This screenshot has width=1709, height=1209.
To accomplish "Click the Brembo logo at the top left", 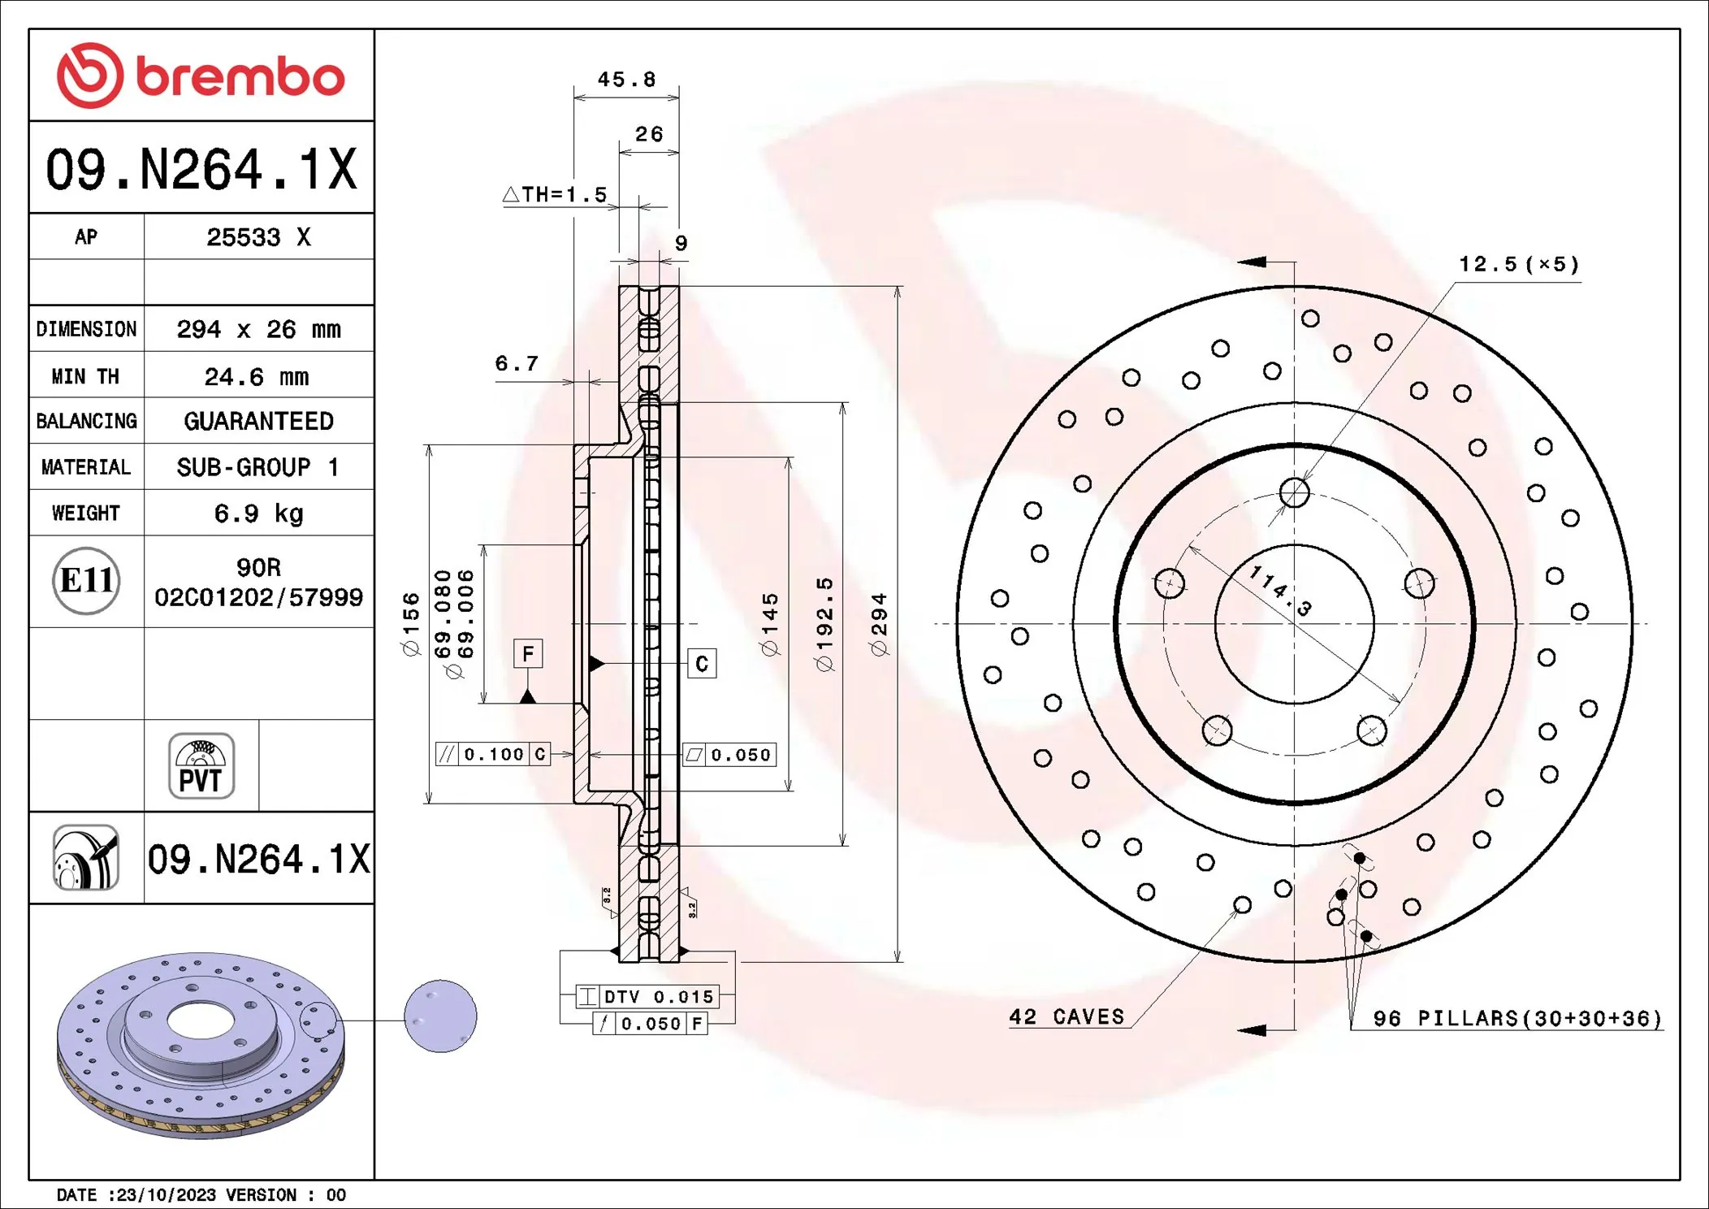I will (x=201, y=76).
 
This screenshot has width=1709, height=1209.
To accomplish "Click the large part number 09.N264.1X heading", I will (x=201, y=170).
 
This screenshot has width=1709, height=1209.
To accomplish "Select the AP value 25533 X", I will (x=258, y=237).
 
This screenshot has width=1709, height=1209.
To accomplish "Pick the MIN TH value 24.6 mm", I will (x=257, y=377).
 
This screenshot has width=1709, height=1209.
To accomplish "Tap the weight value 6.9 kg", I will (x=258, y=513).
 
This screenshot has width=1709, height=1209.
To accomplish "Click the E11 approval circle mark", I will (x=86, y=581).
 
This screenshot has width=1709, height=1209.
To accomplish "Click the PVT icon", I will (x=201, y=766).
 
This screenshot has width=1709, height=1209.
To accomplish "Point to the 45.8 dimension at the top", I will (x=626, y=80).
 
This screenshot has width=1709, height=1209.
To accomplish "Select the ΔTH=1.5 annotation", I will (x=556, y=195).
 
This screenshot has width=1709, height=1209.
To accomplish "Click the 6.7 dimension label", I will (x=517, y=364).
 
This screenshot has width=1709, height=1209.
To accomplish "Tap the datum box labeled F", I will (x=528, y=653).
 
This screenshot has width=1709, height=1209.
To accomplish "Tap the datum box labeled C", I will (x=702, y=664).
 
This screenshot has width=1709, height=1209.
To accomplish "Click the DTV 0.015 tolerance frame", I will (x=647, y=997).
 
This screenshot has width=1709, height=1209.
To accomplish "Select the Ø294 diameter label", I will (x=879, y=624).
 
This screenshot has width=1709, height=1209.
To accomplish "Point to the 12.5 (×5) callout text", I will (x=1517, y=265).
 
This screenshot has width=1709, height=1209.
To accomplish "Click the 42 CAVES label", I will (x=1066, y=1017).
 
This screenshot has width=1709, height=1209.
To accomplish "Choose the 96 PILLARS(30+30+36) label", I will (x=1516, y=1019).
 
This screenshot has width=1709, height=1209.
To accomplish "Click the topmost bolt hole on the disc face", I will (x=1294, y=492).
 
